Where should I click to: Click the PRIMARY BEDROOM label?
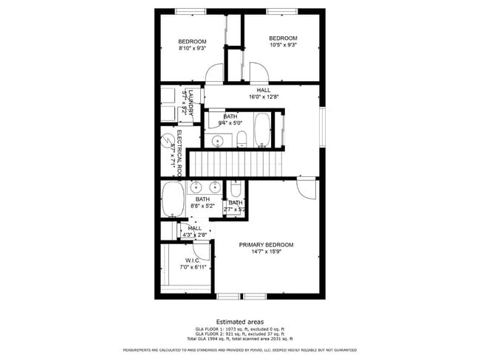click(266, 245)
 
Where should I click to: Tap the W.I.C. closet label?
click(193, 260)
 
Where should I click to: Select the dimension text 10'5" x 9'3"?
click(282, 46)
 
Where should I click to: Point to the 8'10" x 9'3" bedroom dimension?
click(192, 48)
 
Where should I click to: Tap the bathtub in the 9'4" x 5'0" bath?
click(263, 130)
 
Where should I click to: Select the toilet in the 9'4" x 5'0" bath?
click(241, 139)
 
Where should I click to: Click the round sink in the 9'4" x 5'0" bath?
click(218, 141)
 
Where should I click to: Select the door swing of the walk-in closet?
click(202, 249)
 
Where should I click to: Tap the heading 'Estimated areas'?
click(240, 321)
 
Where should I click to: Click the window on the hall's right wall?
click(322, 127)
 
